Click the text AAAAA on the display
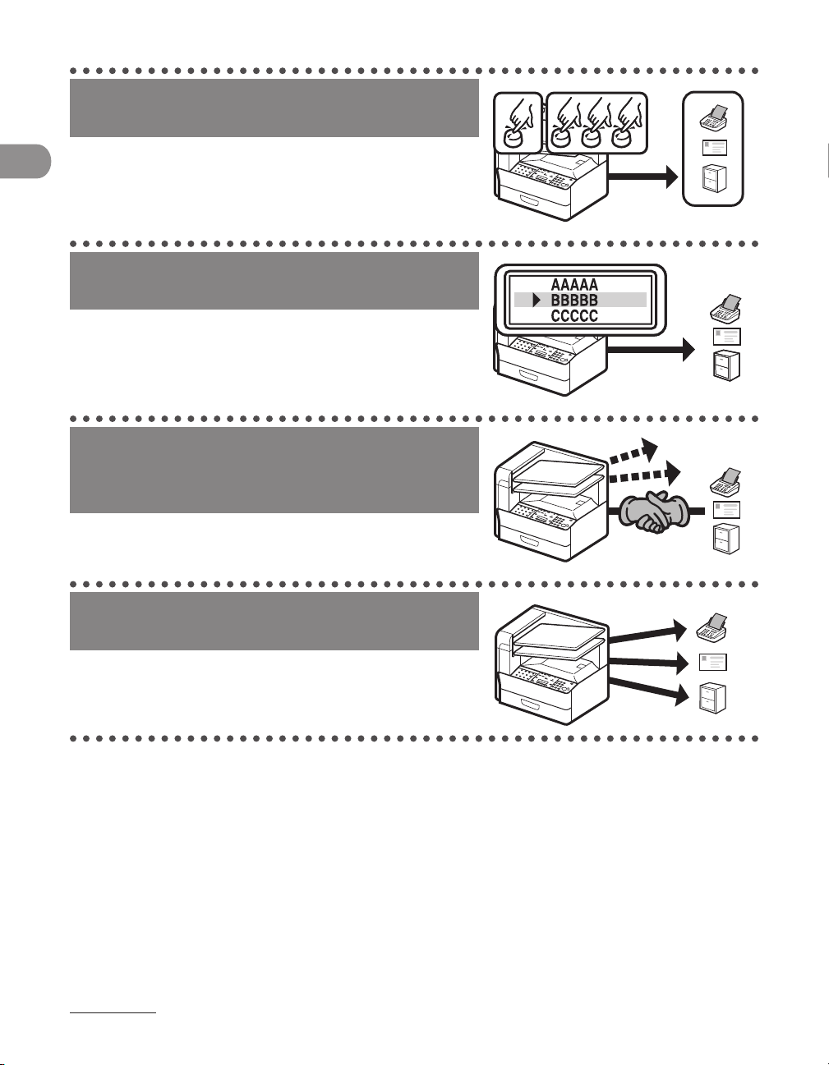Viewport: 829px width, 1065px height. point(574,284)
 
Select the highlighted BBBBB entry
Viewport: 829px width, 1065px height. point(574,300)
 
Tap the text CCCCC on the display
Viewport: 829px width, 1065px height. point(574,315)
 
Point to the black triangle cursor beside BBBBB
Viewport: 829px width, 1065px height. point(536,300)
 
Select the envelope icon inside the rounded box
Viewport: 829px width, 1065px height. point(713,149)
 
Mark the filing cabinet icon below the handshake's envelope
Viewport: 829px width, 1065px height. point(726,539)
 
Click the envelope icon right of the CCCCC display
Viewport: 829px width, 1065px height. point(727,335)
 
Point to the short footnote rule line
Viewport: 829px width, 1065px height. point(113,1013)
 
